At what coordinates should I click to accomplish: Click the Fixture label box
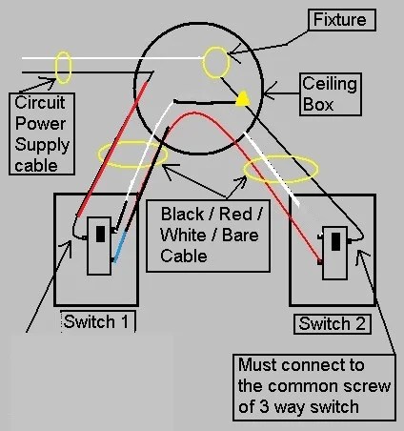click(x=342, y=20)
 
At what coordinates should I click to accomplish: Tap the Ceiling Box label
click(x=331, y=94)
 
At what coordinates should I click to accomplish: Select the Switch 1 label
click(x=98, y=321)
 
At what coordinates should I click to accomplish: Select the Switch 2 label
click(x=333, y=324)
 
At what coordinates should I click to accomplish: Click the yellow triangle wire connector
click(x=243, y=98)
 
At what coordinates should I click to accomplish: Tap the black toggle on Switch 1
click(x=100, y=234)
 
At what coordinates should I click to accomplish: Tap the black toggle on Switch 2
click(x=335, y=241)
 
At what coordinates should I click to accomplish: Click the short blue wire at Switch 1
click(x=119, y=248)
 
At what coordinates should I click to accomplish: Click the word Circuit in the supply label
click(x=40, y=103)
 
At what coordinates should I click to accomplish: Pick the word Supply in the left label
click(x=42, y=145)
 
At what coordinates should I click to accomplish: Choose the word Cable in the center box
click(x=184, y=257)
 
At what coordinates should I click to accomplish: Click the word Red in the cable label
click(x=235, y=214)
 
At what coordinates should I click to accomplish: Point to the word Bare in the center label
click(x=240, y=236)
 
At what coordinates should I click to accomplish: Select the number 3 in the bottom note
click(x=265, y=407)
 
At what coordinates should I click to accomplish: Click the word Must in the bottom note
click(x=257, y=365)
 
